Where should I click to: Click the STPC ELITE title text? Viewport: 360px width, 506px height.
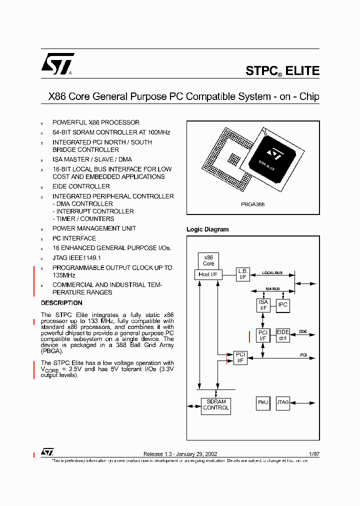tap(282, 71)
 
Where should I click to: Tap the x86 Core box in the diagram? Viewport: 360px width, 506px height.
tap(208, 260)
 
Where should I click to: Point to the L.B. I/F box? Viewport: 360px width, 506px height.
tap(243, 274)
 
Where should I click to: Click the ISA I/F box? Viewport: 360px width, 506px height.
tap(263, 305)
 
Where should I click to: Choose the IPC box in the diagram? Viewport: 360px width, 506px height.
tap(283, 305)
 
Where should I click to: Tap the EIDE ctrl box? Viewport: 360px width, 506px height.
tap(283, 335)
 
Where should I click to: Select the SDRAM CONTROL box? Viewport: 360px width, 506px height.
tap(216, 404)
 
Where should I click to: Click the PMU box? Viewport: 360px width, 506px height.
tap(263, 402)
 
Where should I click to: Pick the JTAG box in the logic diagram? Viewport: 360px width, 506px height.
tap(283, 402)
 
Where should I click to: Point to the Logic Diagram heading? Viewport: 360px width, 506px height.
tap(207, 229)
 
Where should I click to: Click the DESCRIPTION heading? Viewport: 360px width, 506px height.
tap(61, 303)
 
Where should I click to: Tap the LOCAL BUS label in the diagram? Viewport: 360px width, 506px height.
tap(272, 273)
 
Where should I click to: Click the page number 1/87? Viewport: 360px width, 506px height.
tap(314, 454)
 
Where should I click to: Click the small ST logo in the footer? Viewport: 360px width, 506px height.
tap(47, 452)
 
